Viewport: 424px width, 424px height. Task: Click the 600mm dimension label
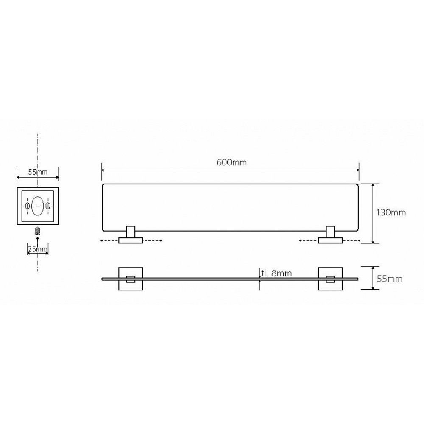pos(232,162)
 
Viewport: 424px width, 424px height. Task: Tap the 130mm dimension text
pos(391,212)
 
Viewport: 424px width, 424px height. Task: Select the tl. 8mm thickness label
pos(276,273)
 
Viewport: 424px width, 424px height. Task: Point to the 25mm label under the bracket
pos(38,249)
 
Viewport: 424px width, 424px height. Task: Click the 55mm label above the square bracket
pos(38,172)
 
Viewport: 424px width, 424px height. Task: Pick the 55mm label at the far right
pos(390,279)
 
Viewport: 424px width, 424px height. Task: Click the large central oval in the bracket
pos(38,206)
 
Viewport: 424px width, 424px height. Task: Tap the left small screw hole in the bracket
pos(27,206)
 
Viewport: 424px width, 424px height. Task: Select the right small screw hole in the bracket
pos(48,206)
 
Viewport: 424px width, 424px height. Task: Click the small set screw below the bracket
pos(38,232)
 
